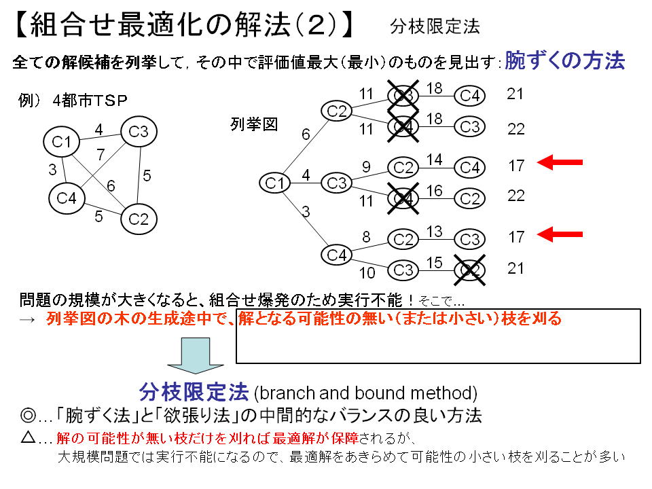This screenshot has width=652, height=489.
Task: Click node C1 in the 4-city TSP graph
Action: coord(62,141)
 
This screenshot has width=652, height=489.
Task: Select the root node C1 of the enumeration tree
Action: coord(275,183)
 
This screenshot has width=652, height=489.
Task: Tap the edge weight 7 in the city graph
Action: coord(101,154)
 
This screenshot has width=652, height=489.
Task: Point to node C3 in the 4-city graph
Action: coord(139,132)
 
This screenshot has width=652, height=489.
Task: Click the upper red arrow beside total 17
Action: coord(560,162)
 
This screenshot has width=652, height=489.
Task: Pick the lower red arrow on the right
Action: coord(560,234)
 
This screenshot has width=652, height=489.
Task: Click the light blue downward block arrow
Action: coord(193,355)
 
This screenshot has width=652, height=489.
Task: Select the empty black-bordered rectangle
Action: coord(438,336)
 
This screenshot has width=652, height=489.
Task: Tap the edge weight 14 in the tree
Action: coord(434,160)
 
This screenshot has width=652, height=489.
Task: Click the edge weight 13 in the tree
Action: coord(434,232)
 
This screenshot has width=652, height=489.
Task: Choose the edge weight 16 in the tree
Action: coord(434,191)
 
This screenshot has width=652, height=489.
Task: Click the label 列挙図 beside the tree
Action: coord(254,124)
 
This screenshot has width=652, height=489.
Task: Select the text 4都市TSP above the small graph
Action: coord(90,100)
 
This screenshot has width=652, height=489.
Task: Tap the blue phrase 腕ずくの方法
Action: coord(564,60)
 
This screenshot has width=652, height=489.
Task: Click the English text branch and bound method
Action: coord(365,393)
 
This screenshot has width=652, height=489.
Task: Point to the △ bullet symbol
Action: coord(29,437)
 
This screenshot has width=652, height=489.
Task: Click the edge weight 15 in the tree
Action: coord(434,263)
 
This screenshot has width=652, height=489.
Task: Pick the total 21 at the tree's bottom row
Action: coord(516,268)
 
